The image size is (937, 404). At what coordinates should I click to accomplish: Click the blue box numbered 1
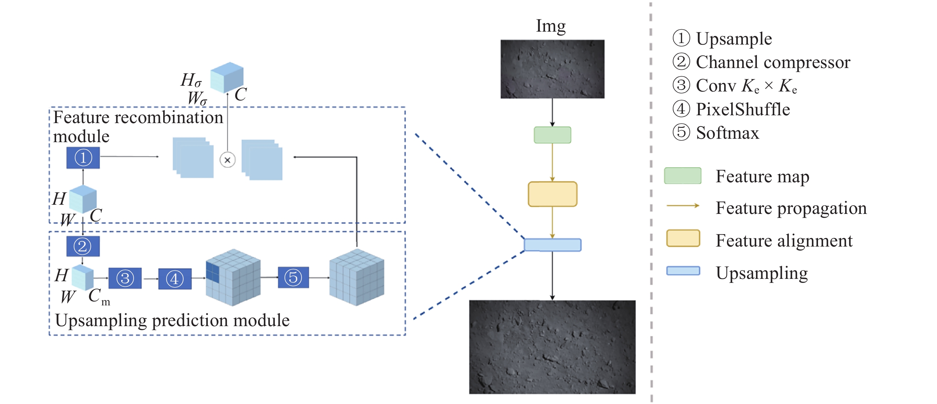tap(83, 157)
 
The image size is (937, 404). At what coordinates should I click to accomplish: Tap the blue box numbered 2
tap(83, 247)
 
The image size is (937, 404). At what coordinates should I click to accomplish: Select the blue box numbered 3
tap(125, 279)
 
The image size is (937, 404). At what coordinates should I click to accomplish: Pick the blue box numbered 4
tap(175, 279)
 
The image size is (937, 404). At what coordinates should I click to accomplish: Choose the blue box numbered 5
tap(293, 277)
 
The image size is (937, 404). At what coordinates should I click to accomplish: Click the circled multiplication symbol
tap(227, 160)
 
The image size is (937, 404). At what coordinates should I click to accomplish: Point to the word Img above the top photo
tap(551, 26)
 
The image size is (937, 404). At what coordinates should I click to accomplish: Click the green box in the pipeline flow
tap(552, 135)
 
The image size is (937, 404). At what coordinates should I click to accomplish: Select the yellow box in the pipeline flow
tap(552, 194)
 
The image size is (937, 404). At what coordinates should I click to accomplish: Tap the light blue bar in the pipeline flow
tap(552, 245)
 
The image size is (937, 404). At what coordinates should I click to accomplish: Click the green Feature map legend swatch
tap(682, 176)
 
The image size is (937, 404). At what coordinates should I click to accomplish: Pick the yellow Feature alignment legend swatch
tap(683, 238)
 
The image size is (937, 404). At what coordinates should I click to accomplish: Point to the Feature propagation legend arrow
tap(683, 206)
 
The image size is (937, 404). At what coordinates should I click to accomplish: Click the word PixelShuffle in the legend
tap(743, 109)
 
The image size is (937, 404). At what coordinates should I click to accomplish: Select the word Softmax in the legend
tap(727, 133)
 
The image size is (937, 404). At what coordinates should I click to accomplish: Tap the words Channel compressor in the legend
tap(772, 62)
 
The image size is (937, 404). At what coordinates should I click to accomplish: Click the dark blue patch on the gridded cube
tap(213, 272)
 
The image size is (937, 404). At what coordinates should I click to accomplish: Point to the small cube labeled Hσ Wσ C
tap(227, 77)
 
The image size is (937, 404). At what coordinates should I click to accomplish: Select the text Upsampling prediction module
tap(172, 321)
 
